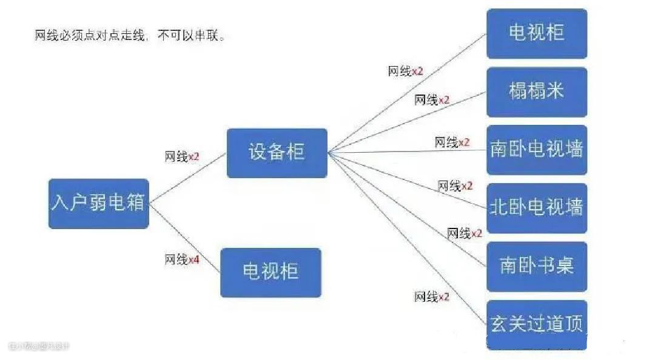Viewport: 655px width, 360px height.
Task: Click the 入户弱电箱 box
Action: coord(98,203)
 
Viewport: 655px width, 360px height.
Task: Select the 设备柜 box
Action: coord(277,153)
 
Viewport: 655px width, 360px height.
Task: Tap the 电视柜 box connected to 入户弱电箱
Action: coord(270,272)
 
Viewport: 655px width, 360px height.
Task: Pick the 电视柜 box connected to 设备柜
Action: coord(537,33)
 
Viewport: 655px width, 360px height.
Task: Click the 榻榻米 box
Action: coord(537,92)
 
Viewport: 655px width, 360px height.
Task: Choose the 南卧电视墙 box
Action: coord(537,150)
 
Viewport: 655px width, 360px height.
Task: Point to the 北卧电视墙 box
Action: coord(537,208)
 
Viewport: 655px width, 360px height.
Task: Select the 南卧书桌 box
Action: coord(537,266)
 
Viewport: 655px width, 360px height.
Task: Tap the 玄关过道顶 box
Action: coord(537,324)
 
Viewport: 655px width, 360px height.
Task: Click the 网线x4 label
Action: coord(182,260)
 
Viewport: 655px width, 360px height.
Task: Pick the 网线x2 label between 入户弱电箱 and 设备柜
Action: coord(182,157)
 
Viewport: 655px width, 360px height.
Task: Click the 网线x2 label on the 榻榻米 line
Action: coord(432,100)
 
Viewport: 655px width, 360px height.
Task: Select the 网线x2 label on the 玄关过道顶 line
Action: coord(432,297)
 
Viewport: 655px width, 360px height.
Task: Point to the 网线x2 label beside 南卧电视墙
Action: coord(452,142)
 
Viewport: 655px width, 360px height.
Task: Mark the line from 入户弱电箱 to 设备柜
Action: coord(188,178)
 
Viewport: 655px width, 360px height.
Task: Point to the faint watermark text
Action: coord(39,346)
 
